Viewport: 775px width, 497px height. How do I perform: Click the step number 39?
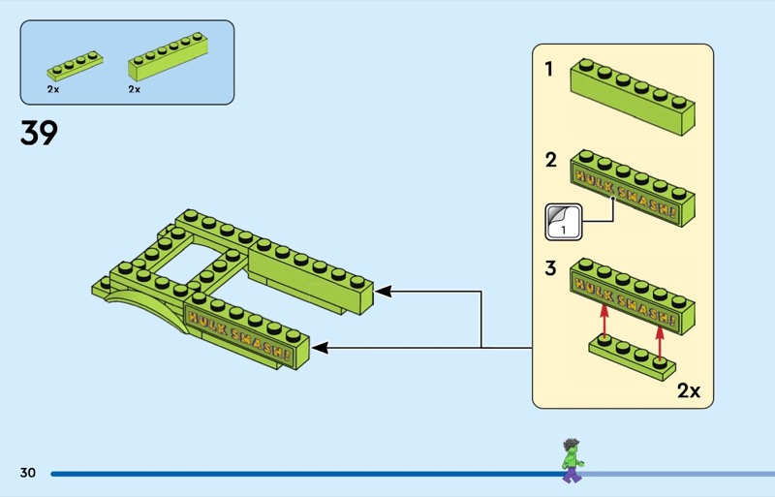[x=39, y=133]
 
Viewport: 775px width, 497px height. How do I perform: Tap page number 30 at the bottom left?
[x=27, y=473]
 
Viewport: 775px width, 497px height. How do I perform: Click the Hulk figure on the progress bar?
[x=571, y=460]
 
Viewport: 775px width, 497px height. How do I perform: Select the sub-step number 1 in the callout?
[x=549, y=70]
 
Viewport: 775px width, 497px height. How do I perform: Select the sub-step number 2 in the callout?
[x=550, y=161]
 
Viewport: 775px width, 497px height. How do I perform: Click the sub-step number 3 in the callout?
[x=550, y=268]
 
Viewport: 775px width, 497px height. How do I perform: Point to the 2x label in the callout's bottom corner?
[x=689, y=391]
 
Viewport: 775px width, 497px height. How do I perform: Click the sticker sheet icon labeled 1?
[x=563, y=222]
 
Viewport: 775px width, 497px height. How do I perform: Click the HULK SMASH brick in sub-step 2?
[x=633, y=188]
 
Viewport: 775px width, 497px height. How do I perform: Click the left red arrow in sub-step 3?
[x=604, y=319]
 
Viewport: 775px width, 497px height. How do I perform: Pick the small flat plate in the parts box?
[x=74, y=66]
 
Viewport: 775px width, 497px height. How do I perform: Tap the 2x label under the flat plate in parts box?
[x=52, y=89]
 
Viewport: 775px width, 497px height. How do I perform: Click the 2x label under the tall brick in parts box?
[x=134, y=89]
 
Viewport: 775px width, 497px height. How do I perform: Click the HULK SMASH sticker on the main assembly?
[x=236, y=335]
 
